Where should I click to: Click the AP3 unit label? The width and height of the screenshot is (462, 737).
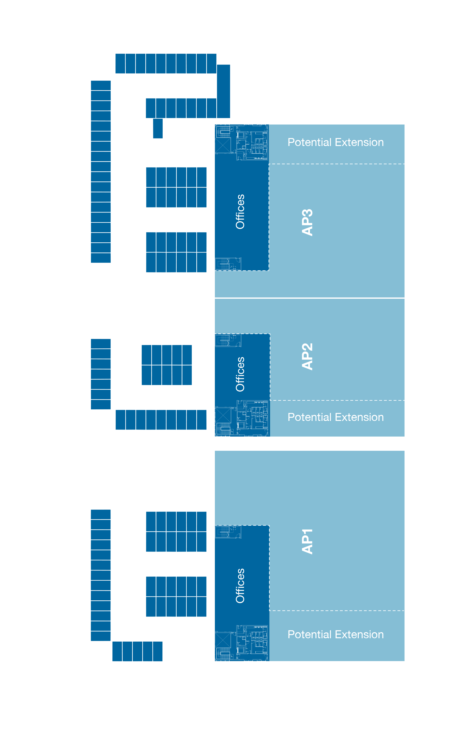pyautogui.click(x=307, y=222)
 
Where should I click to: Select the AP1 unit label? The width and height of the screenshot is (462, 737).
pyautogui.click(x=307, y=542)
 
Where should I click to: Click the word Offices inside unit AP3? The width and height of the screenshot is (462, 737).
pyautogui.click(x=240, y=212)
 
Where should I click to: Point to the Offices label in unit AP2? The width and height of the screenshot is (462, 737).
pyautogui.click(x=240, y=374)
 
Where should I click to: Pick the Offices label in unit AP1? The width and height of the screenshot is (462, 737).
pyautogui.click(x=240, y=586)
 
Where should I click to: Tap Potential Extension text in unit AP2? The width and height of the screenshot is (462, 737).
pyautogui.click(x=335, y=417)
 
